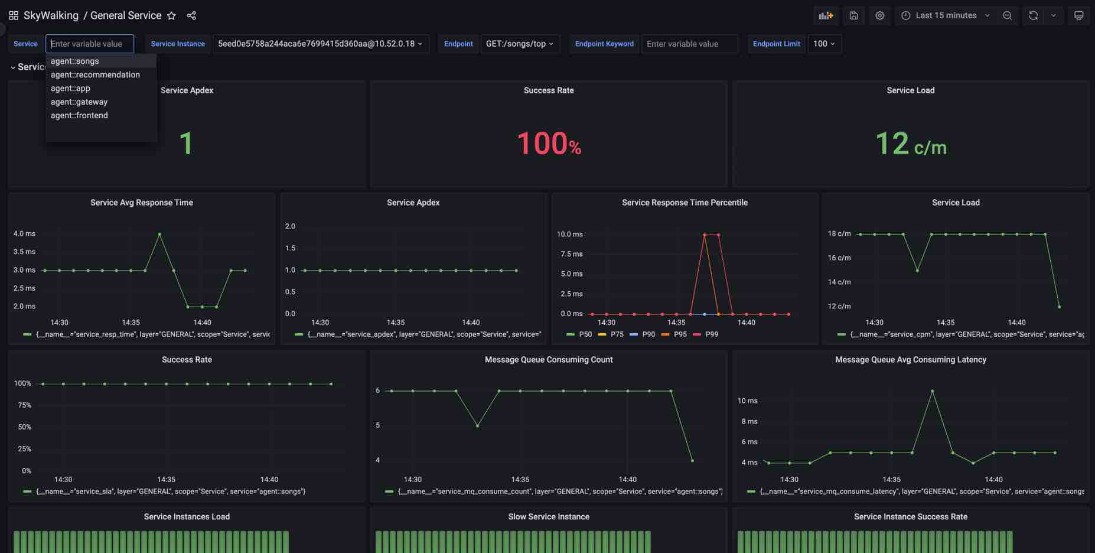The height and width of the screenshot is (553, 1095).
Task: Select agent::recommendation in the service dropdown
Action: [95, 74]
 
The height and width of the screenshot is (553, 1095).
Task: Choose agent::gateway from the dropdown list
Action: [79, 102]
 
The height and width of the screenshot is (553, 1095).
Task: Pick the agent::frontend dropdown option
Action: [79, 115]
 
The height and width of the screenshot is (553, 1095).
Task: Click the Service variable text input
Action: [90, 44]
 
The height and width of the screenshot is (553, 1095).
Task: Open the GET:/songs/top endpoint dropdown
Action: [520, 44]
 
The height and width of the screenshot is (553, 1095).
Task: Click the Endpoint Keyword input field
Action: [689, 44]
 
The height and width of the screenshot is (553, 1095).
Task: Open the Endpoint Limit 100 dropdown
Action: [824, 44]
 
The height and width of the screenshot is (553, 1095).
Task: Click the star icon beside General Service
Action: [171, 16]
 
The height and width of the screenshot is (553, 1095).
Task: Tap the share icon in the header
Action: [191, 16]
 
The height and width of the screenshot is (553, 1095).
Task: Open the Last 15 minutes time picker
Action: [946, 16]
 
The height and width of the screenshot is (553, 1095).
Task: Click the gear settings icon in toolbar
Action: [879, 16]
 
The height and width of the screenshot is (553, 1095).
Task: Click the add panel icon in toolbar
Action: [826, 16]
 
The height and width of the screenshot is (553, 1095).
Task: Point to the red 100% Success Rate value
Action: [549, 144]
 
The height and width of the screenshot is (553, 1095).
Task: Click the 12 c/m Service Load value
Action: [910, 144]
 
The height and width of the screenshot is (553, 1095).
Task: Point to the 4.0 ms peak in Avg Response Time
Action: [159, 235]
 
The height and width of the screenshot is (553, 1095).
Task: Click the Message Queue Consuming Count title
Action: [549, 359]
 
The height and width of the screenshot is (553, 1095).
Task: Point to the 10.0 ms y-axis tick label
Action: [569, 235]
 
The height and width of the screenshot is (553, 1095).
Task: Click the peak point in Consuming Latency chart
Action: [932, 391]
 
